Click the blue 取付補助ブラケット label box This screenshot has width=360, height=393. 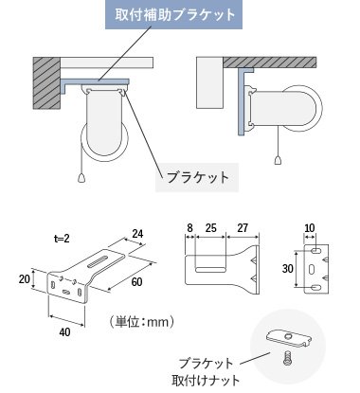[173, 14]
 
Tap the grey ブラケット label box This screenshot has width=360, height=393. [197, 177]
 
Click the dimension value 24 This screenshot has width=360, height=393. [137, 234]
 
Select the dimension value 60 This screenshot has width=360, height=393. [136, 282]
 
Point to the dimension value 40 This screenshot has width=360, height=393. [64, 332]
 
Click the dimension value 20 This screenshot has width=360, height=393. [24, 279]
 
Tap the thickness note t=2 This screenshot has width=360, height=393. [62, 239]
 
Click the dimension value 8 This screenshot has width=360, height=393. [189, 228]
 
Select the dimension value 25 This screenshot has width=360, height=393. [210, 228]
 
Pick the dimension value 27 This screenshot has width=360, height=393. [243, 228]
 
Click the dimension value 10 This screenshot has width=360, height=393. [310, 228]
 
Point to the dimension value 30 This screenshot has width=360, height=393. [288, 269]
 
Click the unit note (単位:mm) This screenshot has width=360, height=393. [141, 322]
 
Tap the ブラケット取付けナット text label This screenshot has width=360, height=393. [206, 371]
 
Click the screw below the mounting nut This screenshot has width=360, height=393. [287, 358]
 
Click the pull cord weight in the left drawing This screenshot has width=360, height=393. [81, 178]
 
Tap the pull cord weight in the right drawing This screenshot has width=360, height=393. [278, 160]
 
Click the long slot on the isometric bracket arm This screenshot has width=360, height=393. [99, 262]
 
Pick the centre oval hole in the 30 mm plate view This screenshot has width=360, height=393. [312, 269]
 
